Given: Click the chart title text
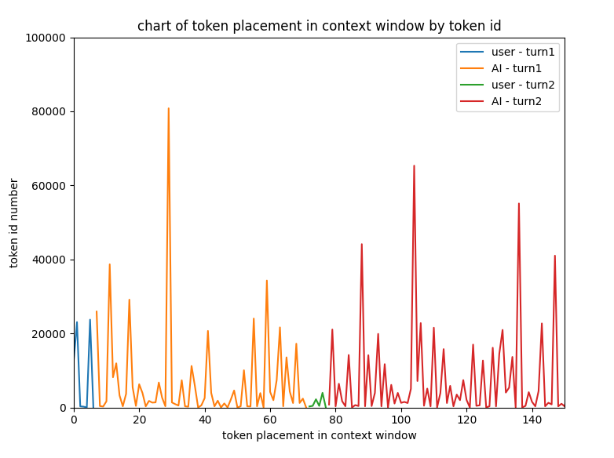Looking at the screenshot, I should click(319, 26).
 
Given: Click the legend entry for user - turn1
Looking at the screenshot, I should click(523, 53).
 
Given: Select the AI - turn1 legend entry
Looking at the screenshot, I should click(517, 68).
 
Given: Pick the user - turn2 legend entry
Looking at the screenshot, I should click(523, 85).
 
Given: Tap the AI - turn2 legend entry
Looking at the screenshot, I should click(517, 101).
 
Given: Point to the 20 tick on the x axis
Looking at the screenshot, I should click(139, 420).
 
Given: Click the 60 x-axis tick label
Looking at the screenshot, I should click(270, 420).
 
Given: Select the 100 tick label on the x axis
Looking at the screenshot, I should click(400, 420).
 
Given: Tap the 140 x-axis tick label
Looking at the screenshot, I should click(532, 420).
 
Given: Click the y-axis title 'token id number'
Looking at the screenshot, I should click(15, 223).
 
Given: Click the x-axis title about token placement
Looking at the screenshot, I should click(319, 436).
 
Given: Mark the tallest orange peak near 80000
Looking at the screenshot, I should click(169, 110).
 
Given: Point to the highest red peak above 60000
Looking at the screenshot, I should click(414, 167).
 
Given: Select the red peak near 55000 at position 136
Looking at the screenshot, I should click(519, 205).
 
